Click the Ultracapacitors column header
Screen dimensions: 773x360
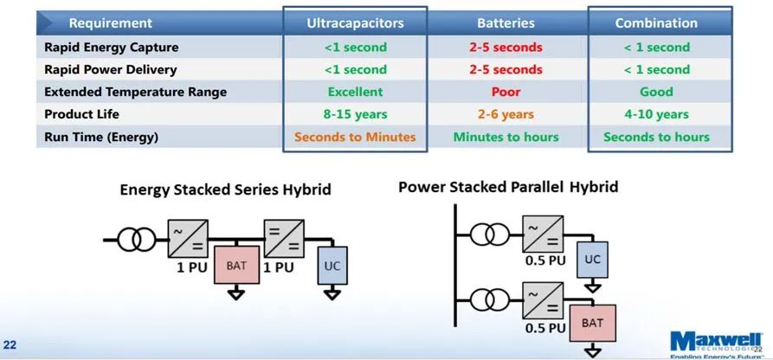[355, 23]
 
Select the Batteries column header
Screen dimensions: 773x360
[506, 23]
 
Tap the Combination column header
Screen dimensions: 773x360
[656, 23]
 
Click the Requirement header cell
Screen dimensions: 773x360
[111, 23]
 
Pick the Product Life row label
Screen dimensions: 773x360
[82, 114]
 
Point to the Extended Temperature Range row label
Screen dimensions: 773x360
[136, 93]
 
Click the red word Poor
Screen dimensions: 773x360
[506, 93]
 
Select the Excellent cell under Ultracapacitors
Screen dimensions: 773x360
[355, 93]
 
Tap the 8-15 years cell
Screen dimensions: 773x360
[355, 114]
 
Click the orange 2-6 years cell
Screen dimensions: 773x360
[506, 114]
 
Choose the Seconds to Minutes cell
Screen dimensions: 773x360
[355, 137]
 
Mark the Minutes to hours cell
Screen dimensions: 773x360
[506, 137]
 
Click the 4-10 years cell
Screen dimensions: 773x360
[656, 114]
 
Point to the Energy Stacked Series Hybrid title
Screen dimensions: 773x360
[225, 190]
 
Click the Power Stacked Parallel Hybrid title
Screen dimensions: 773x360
[508, 188]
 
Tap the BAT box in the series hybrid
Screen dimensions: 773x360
[236, 265]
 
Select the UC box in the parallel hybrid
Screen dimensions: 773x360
[592, 260]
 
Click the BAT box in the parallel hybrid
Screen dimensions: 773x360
[593, 323]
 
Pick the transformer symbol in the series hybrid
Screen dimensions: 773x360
[137, 240]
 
